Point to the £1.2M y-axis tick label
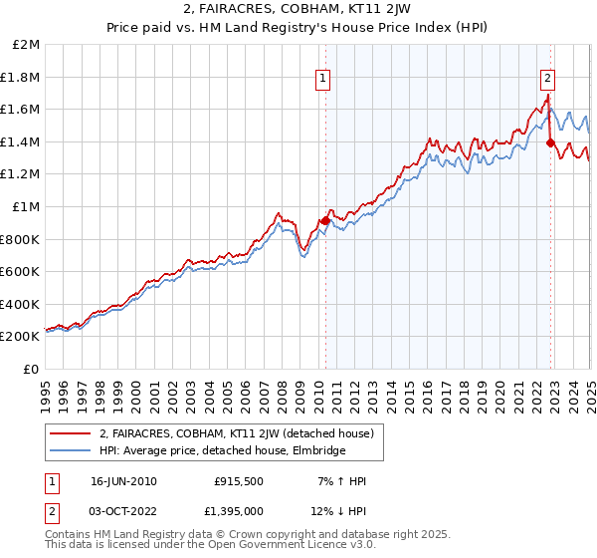tap(21, 174)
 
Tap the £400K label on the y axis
tap(21, 304)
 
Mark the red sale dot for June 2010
tap(325, 220)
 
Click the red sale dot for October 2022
tap(550, 142)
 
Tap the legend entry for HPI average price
tap(222, 451)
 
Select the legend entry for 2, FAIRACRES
tap(236, 433)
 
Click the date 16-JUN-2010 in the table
tap(123, 480)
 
